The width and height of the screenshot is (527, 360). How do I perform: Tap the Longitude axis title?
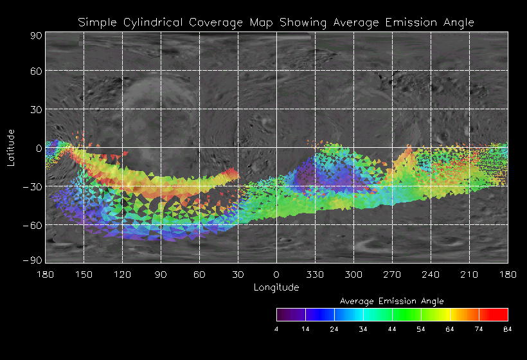coord(276,287)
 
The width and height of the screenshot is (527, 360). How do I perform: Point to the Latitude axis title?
coord(11,147)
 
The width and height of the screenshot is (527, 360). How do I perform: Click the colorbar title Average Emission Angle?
coord(391,301)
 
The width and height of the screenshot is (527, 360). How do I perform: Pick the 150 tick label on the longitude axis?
coord(84,274)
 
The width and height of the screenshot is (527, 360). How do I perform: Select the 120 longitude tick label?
coord(122,274)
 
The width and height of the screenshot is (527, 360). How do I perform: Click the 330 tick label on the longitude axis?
coord(315,274)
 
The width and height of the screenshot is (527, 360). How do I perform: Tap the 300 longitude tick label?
coord(353,274)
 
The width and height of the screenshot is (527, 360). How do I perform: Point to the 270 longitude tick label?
coord(392,274)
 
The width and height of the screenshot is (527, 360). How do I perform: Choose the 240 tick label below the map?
coord(431,274)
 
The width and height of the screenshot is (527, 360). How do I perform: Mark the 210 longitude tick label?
coord(469,274)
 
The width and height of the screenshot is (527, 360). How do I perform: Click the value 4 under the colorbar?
coord(277,329)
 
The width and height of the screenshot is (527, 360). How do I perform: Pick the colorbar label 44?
coord(392,329)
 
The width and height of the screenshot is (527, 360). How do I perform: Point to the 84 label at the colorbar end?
coord(508,329)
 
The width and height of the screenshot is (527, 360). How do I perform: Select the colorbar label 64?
coord(450,329)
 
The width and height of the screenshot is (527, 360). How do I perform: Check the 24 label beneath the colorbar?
coord(334,329)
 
